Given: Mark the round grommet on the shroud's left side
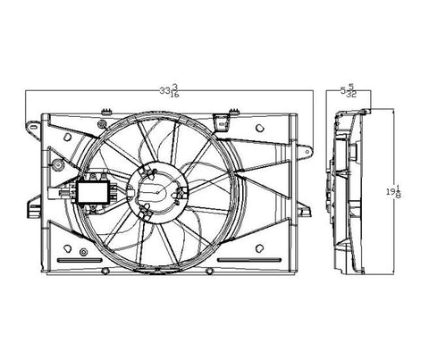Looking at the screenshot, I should tap(55, 166).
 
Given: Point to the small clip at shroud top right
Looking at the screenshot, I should tap(231, 114).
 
